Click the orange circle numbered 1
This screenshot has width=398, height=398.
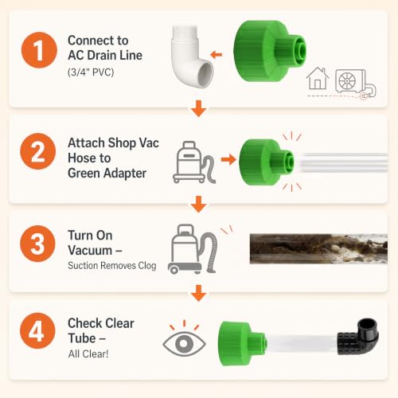[x=39, y=50]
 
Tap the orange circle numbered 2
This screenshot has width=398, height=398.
[x=38, y=151]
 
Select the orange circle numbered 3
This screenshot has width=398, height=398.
[x=37, y=244]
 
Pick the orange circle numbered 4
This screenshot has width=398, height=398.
[x=37, y=330]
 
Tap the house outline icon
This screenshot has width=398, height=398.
[x=318, y=79]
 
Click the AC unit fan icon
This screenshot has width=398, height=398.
[x=347, y=81]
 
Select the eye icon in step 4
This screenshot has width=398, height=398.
[x=184, y=343]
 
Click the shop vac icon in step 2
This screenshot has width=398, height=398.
[x=193, y=162]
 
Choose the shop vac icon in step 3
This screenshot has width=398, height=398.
[x=193, y=249]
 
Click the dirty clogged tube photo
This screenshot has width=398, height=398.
[x=318, y=249]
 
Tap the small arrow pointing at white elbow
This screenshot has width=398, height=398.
[x=216, y=55]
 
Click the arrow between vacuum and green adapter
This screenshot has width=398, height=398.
[x=228, y=159]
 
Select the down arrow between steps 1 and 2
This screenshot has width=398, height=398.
[x=199, y=108]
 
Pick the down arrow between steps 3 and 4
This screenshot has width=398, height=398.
[x=199, y=293]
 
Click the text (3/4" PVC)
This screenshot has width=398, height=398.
[x=91, y=72]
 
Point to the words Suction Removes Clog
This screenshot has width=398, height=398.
[x=112, y=266]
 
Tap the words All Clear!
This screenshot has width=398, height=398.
[x=88, y=354]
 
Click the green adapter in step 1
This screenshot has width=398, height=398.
[x=269, y=51]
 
